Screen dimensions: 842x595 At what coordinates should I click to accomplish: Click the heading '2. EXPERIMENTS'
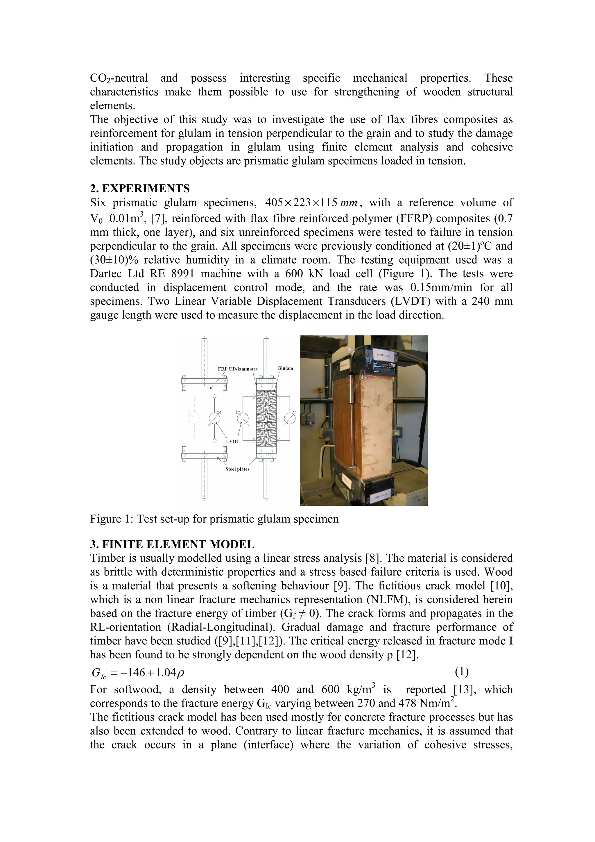[140, 189]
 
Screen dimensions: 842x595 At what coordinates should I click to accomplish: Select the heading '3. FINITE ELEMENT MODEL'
[172, 544]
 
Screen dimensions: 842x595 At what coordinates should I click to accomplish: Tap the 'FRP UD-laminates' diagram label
[238, 369]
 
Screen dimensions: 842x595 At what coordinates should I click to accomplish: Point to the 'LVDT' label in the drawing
[232, 442]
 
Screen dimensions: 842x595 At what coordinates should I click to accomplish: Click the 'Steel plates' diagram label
[237, 469]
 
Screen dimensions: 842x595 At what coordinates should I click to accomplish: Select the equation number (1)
[462, 672]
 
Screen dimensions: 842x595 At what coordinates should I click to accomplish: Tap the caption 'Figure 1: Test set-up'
[214, 519]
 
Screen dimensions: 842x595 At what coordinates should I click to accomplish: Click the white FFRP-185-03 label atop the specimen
[384, 355]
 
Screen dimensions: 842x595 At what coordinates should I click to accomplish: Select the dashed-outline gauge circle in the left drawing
[194, 418]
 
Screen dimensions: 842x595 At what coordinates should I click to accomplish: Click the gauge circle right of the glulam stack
[290, 418]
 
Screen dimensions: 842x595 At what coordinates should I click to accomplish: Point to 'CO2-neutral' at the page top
[119, 78]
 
